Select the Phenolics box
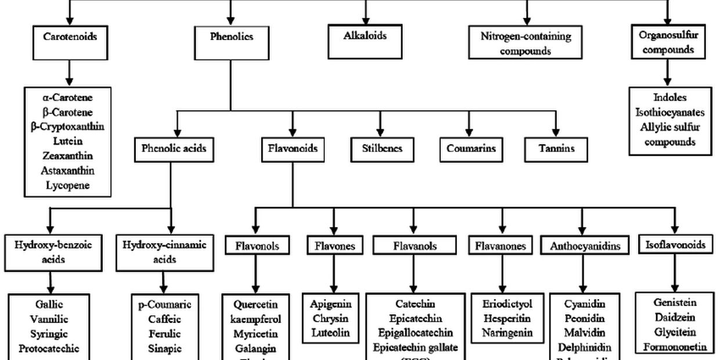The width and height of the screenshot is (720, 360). tap(231, 37)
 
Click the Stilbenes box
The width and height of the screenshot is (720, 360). tap(380, 149)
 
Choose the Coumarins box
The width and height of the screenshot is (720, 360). tap(471, 149)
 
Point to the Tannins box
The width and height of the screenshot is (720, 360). tap(557, 149)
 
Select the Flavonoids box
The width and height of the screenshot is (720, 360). tap(293, 149)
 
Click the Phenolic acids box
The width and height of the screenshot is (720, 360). tap(174, 149)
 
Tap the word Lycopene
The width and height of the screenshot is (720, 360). tap(67, 186)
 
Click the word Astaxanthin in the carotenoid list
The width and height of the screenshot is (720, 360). tap(67, 171)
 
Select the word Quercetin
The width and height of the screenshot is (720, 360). tap(256, 304)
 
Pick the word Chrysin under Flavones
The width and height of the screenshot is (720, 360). tap(330, 318)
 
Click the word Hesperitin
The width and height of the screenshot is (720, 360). tap(502, 318)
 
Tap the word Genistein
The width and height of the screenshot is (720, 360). tap(674, 303)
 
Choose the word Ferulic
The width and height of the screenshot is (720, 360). tap(164, 334)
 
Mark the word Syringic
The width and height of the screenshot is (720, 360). tap(49, 334)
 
